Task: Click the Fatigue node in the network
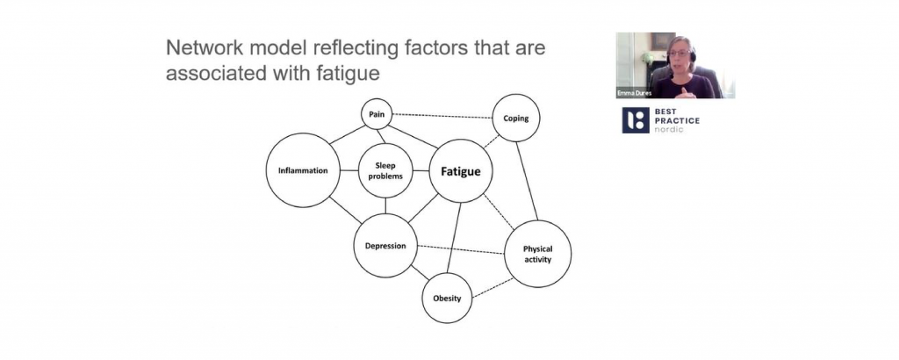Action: [460, 172]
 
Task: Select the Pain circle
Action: [375, 113]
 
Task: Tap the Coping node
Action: [515, 118]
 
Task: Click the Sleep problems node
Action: [385, 170]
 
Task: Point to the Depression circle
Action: [385, 245]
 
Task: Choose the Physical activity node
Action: [537, 254]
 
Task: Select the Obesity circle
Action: [447, 298]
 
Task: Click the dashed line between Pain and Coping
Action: [442, 116]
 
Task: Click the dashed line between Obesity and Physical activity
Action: [492, 284]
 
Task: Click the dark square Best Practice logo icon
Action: [636, 121]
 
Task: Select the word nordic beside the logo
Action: [672, 129]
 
